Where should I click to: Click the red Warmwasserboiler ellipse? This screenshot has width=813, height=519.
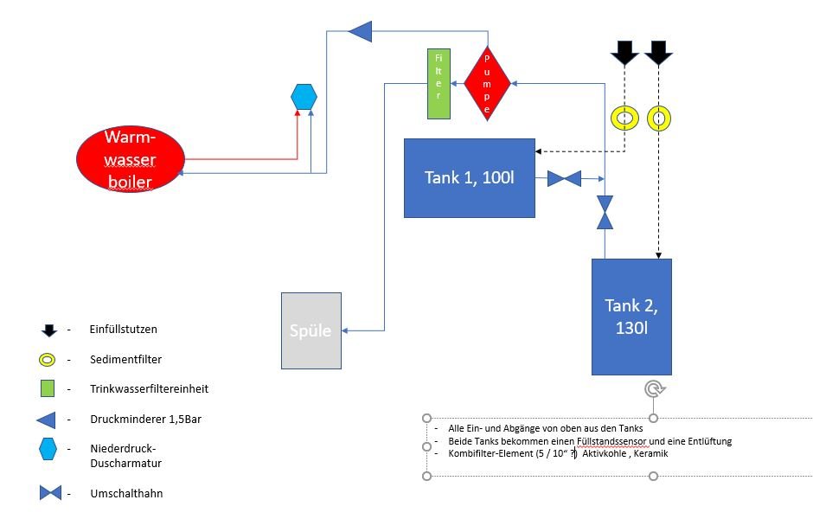[x=130, y=159]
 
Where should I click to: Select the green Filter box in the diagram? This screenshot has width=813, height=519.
[x=439, y=84]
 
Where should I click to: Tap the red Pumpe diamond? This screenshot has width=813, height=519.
[x=487, y=84]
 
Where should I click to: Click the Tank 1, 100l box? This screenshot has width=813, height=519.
[x=470, y=178]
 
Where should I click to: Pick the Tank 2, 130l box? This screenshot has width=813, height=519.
[x=631, y=317]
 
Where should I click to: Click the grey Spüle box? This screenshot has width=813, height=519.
[x=311, y=330]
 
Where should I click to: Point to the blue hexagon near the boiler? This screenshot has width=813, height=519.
[x=304, y=96]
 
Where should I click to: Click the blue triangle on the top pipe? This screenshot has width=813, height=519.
[x=361, y=31]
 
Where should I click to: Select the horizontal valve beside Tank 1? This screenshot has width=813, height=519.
[x=564, y=178]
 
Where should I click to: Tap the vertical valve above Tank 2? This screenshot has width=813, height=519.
[x=605, y=212]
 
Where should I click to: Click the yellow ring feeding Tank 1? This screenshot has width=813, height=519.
[x=624, y=119]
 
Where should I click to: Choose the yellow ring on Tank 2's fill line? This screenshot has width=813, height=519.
[x=659, y=119]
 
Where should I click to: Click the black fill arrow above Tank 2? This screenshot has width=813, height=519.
[x=658, y=53]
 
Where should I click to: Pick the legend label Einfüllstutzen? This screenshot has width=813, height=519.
[x=124, y=330]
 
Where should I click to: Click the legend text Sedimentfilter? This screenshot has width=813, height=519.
[x=126, y=359]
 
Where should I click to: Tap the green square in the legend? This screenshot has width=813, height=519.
[x=48, y=388]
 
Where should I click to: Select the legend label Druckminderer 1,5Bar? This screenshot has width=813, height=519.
[x=145, y=419]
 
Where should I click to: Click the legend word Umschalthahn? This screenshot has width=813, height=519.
[x=126, y=493]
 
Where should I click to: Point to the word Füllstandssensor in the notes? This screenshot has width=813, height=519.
[x=611, y=441]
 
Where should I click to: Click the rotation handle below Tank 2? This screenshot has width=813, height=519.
[x=655, y=389]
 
